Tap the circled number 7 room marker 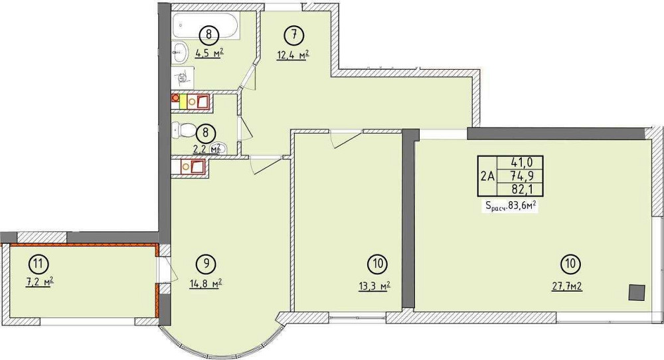tap(294, 35)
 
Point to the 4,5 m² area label tap(208, 53)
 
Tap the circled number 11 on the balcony tap(38, 264)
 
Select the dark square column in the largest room tap(637, 292)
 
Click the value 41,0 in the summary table tap(521, 162)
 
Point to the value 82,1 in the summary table tap(521, 189)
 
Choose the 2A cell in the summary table tap(488, 176)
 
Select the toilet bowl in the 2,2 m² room tap(183, 129)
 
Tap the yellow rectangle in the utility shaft tap(183, 102)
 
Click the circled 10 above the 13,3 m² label tap(378, 264)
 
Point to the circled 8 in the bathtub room tap(208, 33)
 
